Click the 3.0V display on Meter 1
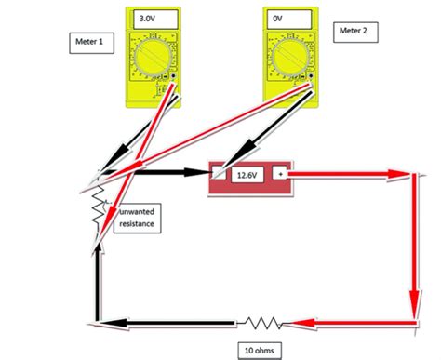[148, 18]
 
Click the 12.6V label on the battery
[246, 174]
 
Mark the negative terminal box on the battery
[219, 174]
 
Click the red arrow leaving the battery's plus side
[354, 174]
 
